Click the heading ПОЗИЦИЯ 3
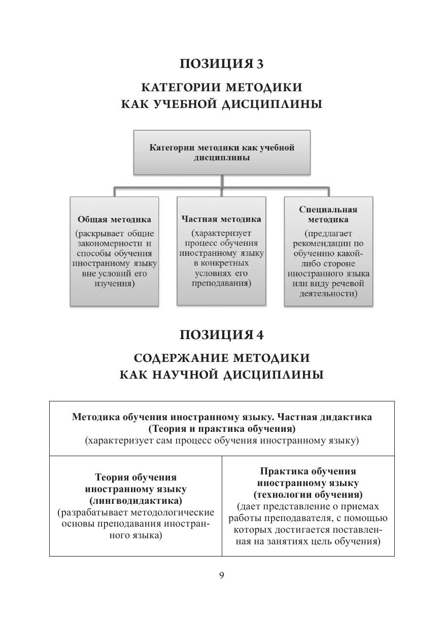coord(222,64)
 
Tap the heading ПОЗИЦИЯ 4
coord(222,335)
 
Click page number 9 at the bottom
coord(222,575)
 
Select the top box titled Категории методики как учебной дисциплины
coord(222,153)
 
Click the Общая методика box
coord(114,251)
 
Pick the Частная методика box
coord(221,251)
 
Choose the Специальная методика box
coord(328,251)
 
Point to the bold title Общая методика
coord(114,220)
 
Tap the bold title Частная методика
coord(221,219)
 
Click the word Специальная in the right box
coord(328,209)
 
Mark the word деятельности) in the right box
coord(328,294)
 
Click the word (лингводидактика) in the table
coord(135,500)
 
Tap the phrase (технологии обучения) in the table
coord(308,494)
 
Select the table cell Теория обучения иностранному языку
coord(135,506)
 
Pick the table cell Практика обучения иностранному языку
coord(308,506)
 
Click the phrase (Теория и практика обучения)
coord(222,429)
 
